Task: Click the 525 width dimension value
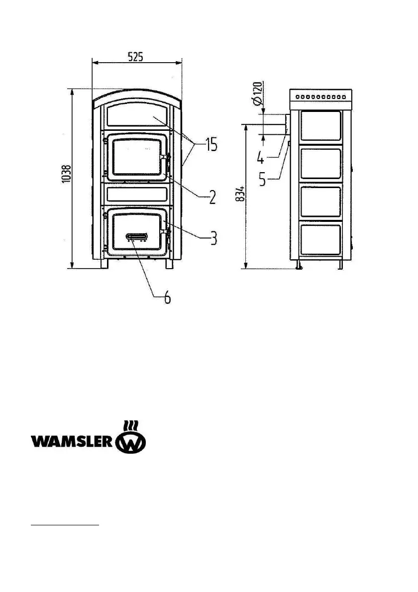(x=135, y=57)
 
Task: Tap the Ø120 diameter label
(x=257, y=95)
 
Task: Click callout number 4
(x=261, y=158)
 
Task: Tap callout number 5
(x=262, y=179)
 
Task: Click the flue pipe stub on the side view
(x=287, y=123)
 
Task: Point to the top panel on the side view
(x=320, y=126)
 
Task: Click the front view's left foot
(x=104, y=264)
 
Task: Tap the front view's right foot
(x=169, y=264)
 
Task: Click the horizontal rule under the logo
(x=65, y=524)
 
